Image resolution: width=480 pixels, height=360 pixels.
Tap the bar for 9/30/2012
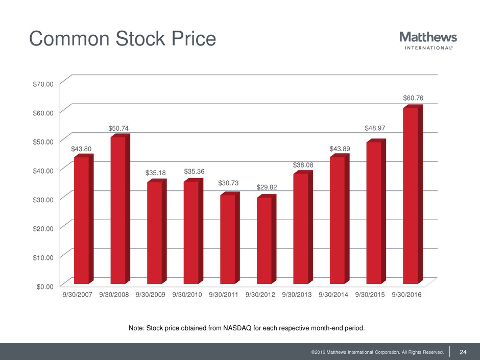(x=264, y=240)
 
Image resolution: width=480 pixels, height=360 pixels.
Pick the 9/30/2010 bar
(x=191, y=232)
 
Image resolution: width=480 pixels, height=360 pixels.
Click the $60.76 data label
(x=413, y=98)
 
